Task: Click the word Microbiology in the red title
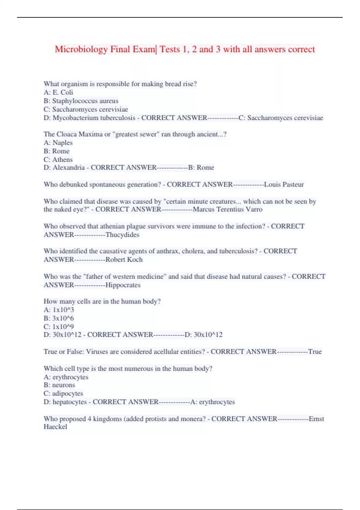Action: click(81, 49)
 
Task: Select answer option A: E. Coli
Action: click(58, 92)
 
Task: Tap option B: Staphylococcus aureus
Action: click(81, 101)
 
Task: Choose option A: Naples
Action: click(58, 143)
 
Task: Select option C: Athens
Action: click(58, 160)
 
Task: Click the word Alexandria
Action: click(69, 167)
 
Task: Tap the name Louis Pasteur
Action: click(284, 184)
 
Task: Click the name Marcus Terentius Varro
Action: click(228, 209)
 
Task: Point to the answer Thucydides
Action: click(122, 235)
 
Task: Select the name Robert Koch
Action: click(124, 259)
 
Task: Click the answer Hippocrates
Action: click(123, 285)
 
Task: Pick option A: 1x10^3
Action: click(59, 310)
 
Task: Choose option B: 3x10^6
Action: click(59, 318)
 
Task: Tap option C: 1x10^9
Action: click(59, 326)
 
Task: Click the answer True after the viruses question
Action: click(315, 352)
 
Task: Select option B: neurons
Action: click(59, 385)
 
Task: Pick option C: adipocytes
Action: click(63, 393)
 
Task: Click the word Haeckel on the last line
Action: click(55, 427)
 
